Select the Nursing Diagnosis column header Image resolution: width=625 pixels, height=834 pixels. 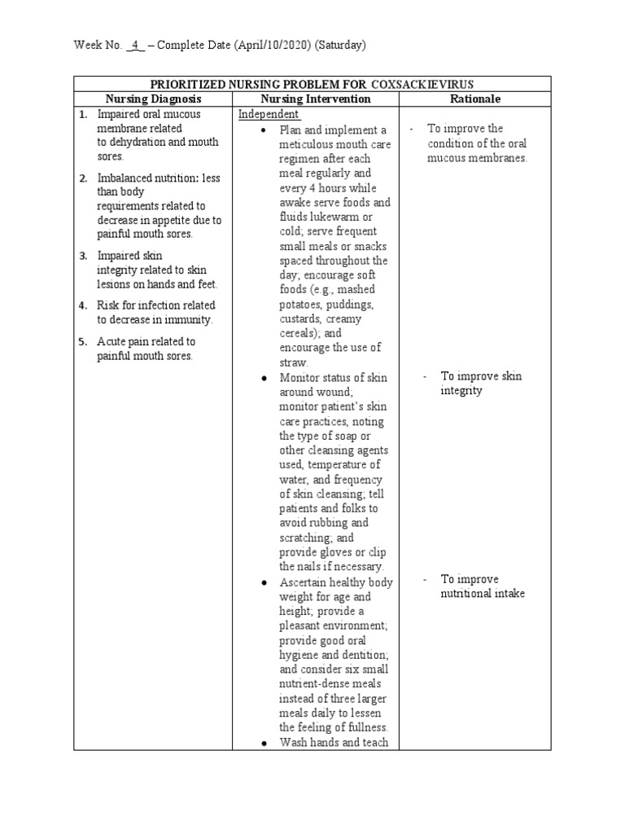click(x=154, y=99)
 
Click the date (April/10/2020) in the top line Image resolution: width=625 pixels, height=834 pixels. click(x=273, y=46)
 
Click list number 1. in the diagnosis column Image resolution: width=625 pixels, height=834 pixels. click(x=84, y=115)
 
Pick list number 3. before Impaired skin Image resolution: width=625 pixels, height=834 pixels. click(x=84, y=256)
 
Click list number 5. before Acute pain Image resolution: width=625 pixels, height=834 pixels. click(x=84, y=342)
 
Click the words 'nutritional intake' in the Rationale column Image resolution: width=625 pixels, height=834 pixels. click(x=483, y=594)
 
